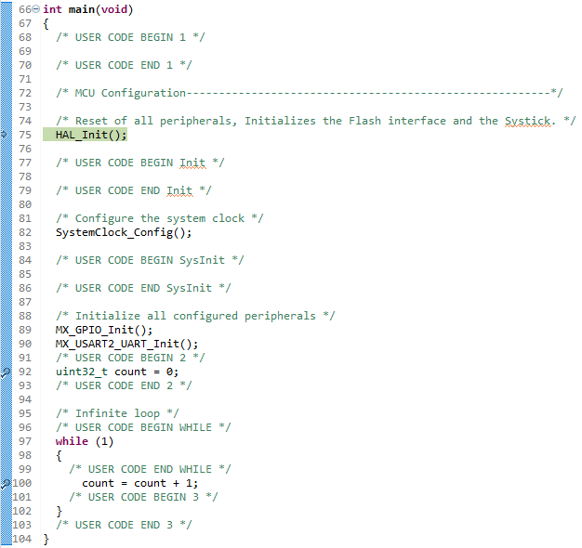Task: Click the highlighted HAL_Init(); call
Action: pyautogui.click(x=91, y=135)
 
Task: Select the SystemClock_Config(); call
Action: pyautogui.click(x=124, y=232)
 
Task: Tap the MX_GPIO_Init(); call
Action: pyautogui.click(x=104, y=330)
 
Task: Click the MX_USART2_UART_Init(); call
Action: pyautogui.click(x=126, y=344)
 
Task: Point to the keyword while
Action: pyautogui.click(x=72, y=441)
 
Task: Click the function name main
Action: pyautogui.click(x=82, y=9)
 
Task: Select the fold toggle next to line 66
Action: pyautogui.click(x=35, y=9)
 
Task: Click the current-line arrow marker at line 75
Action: pyautogui.click(x=4, y=135)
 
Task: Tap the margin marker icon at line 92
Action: pyautogui.click(x=6, y=372)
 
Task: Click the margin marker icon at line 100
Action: pyautogui.click(x=6, y=484)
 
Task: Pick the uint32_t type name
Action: pyautogui.click(x=82, y=372)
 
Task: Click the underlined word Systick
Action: pyautogui.click(x=527, y=122)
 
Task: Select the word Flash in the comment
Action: pyautogui.click(x=364, y=121)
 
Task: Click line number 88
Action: pyautogui.click(x=25, y=316)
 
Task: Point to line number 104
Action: pyautogui.click(x=22, y=539)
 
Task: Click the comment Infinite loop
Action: pyautogui.click(x=117, y=413)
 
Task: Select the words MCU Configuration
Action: pyautogui.click(x=130, y=93)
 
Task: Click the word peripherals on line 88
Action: pyautogui.click(x=280, y=317)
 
